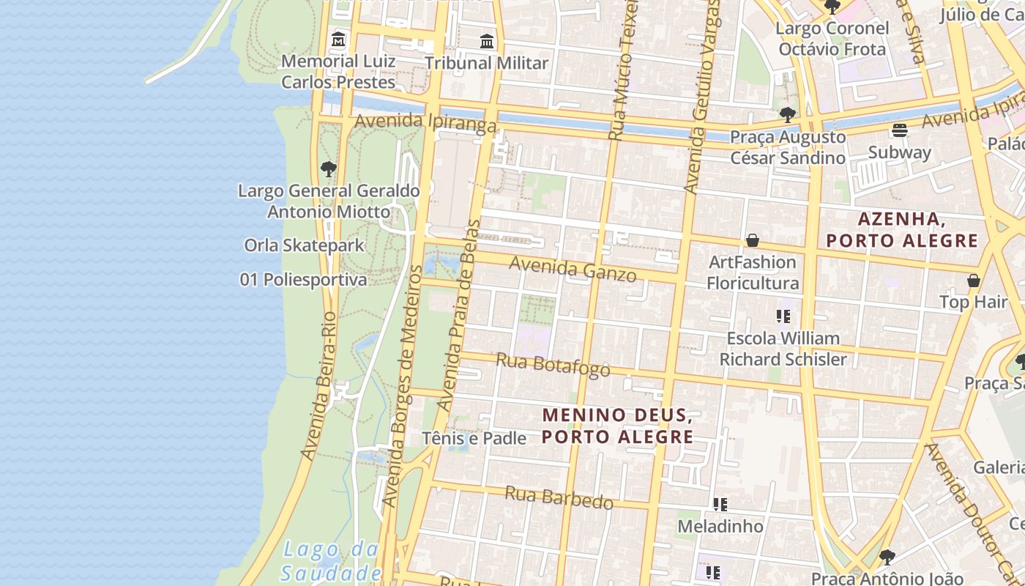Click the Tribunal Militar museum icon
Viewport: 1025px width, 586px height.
click(487, 42)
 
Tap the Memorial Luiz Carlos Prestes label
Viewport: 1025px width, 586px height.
click(338, 71)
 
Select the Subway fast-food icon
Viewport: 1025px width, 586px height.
click(900, 130)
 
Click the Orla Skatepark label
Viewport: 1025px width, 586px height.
click(304, 245)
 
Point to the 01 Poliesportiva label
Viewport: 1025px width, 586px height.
click(303, 280)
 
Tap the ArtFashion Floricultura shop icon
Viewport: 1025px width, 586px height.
click(752, 240)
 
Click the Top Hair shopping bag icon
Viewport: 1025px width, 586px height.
click(974, 281)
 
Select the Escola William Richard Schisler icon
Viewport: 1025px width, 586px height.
click(783, 316)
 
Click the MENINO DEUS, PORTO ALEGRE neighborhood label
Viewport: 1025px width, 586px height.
click(617, 426)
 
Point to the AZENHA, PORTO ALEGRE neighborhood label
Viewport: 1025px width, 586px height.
click(902, 230)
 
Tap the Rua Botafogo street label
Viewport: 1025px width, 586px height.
click(553, 364)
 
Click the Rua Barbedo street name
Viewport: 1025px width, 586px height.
click(559, 497)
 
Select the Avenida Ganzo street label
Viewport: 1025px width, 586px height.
click(573, 269)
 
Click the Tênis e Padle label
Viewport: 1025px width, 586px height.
click(474, 438)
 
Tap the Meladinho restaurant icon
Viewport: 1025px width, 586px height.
click(720, 505)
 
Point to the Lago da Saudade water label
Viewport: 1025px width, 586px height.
click(331, 561)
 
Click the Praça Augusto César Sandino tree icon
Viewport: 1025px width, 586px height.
click(788, 114)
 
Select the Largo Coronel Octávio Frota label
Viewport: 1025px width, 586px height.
click(832, 39)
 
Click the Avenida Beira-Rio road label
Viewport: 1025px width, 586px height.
click(319, 386)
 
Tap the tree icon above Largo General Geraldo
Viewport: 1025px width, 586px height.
click(329, 169)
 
